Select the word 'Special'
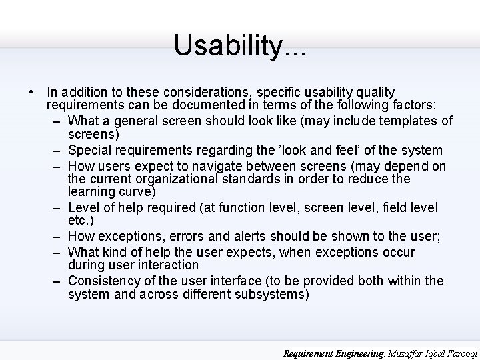tap(89, 150)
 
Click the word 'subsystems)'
tap(272, 294)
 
